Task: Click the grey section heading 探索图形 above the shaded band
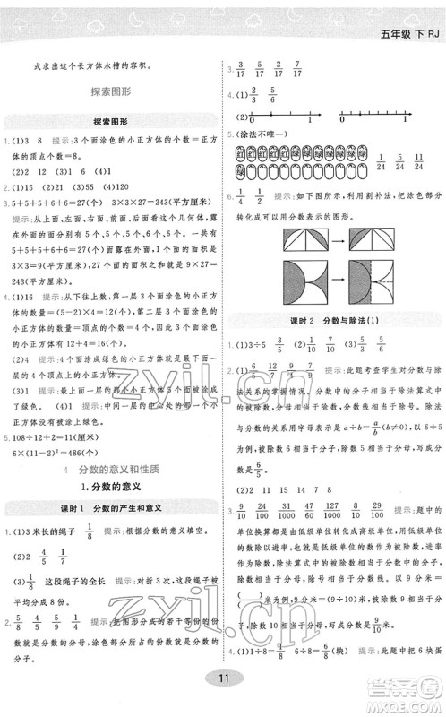(110, 91)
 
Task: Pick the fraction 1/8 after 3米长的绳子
(90, 532)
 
